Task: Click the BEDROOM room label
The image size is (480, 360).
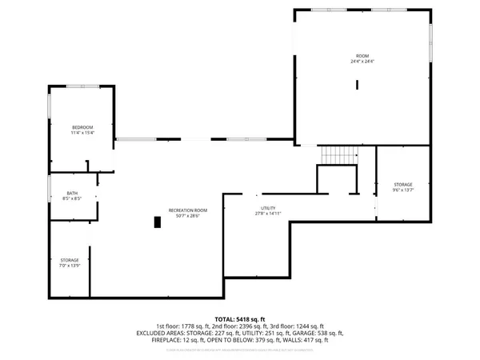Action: tap(82, 127)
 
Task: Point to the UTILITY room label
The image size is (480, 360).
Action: tap(268, 208)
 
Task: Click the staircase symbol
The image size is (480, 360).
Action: tap(338, 154)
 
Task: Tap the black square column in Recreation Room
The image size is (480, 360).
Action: tap(158, 222)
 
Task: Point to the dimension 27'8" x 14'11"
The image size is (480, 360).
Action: tap(268, 214)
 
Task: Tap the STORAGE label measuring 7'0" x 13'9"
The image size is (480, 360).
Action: tap(69, 260)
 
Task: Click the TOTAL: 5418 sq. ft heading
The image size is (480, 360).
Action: tap(239, 318)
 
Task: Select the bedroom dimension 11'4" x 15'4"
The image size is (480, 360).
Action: tap(82, 133)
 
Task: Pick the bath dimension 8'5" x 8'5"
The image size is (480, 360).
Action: tap(71, 198)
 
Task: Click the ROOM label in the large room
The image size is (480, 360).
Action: tap(362, 56)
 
